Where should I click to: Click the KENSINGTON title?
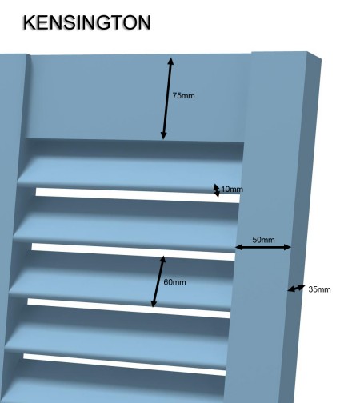(87, 22)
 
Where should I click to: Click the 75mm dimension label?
(183, 95)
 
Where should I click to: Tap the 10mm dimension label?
(232, 190)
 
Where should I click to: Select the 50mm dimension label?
(263, 240)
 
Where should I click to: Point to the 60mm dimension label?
(174, 282)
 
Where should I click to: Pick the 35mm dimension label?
(319, 289)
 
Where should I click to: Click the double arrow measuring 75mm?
(167, 98)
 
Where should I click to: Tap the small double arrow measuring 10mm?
(217, 190)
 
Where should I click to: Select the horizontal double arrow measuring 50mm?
(263, 247)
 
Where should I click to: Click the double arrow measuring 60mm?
(158, 281)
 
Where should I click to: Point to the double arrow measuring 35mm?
(296, 289)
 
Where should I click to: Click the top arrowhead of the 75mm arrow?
(170, 60)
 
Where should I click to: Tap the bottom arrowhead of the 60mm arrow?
(154, 304)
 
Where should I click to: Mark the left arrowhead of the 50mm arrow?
(238, 247)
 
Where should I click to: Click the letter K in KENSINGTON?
(29, 22)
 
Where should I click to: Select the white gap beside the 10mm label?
(138, 195)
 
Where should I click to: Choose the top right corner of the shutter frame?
(321, 58)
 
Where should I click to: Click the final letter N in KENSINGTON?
(145, 22)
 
